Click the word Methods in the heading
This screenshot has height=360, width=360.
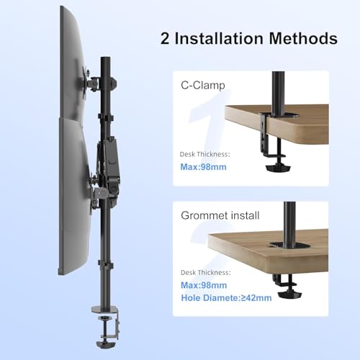[307, 38]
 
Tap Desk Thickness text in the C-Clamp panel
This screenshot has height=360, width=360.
[204, 154]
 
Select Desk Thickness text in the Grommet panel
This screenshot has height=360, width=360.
[204, 274]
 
